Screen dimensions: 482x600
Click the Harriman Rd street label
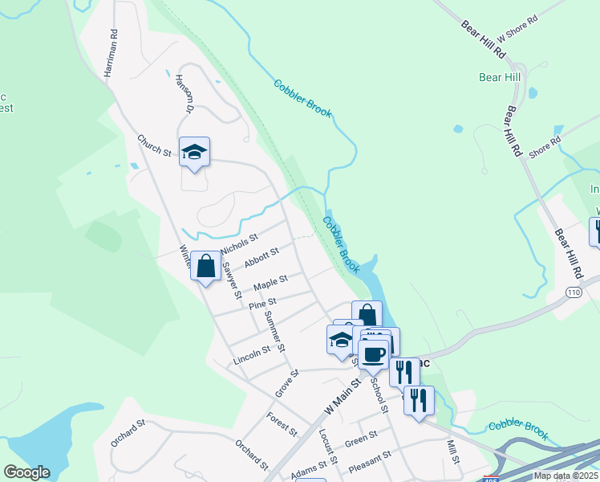[x=111, y=54]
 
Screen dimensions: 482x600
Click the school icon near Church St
[x=193, y=152]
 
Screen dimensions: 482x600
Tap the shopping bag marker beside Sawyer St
[x=206, y=267]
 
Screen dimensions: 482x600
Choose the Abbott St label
[x=261, y=257]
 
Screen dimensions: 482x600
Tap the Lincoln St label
[x=252, y=353]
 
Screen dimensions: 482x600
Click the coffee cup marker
[x=374, y=353]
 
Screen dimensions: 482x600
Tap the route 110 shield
[x=573, y=290]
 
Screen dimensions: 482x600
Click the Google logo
[x=26, y=472]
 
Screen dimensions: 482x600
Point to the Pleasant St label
[x=370, y=459]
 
